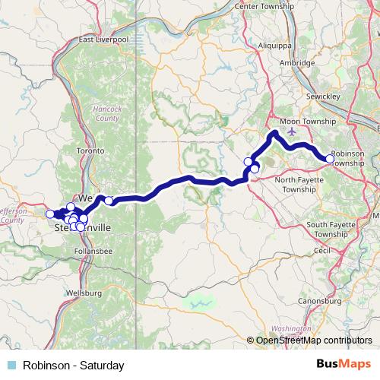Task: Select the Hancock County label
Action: point(106,113)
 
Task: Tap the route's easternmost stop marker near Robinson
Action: point(329,159)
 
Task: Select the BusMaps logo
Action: point(344,365)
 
